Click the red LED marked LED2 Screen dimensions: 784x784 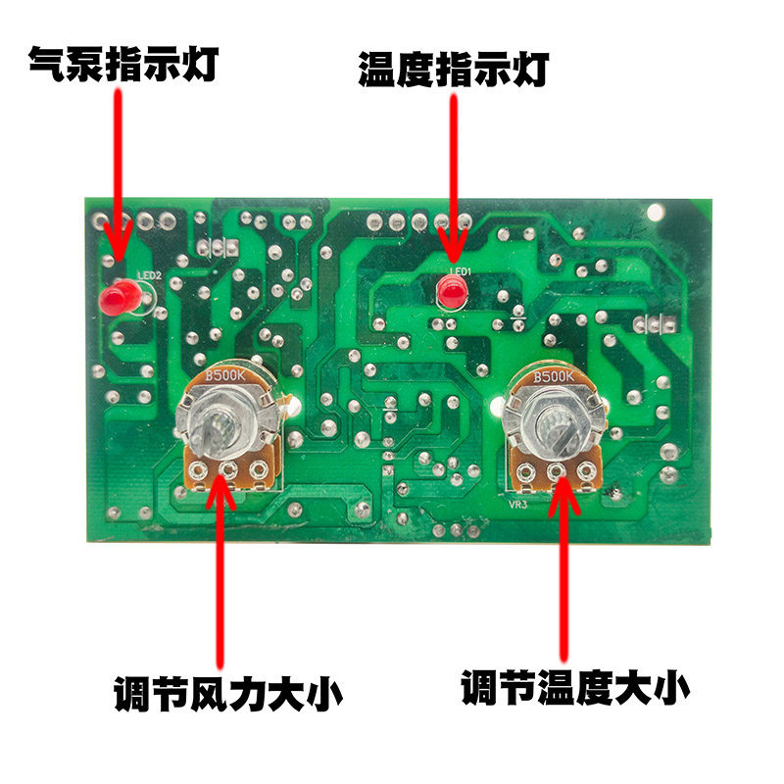(x=119, y=297)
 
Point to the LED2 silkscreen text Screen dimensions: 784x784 (x=149, y=275)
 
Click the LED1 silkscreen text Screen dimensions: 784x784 (x=461, y=270)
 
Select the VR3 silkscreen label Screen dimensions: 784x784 (x=518, y=506)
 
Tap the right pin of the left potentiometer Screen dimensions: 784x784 (x=258, y=472)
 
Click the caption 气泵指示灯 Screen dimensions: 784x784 (x=122, y=65)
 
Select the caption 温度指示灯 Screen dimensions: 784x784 (x=453, y=71)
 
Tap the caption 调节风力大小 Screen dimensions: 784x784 (x=227, y=695)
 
